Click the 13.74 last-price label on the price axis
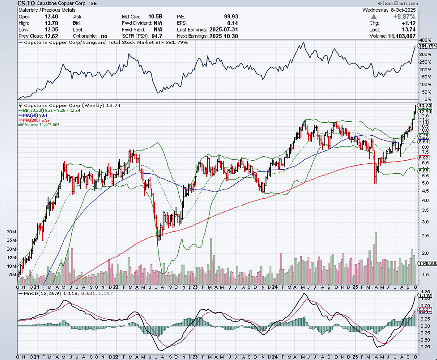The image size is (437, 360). pyautogui.click(x=425, y=106)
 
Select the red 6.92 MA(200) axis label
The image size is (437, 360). pyautogui.click(x=423, y=158)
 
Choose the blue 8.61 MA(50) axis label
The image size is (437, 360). pyautogui.click(x=423, y=142)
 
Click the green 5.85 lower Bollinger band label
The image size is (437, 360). pyautogui.click(x=423, y=171)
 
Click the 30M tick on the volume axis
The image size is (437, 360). pyautogui.click(x=11, y=232)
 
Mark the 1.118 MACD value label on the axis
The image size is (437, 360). pyautogui.click(x=425, y=296)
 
